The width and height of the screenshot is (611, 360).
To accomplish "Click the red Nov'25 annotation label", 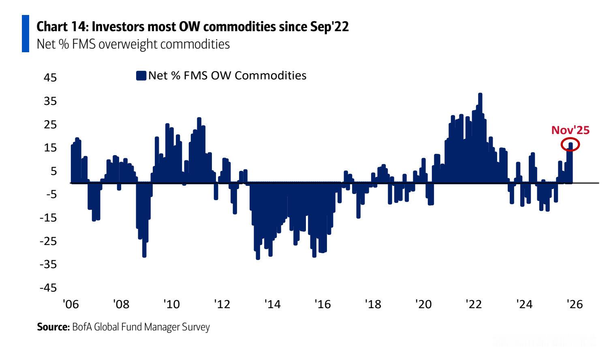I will (x=570, y=130).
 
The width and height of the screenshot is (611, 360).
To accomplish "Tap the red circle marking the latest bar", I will (x=570, y=144).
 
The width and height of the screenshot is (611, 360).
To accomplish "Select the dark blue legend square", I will (x=141, y=76).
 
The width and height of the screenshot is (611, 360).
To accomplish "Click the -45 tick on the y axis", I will (x=48, y=288).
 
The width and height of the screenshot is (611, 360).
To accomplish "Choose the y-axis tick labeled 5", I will (x=54, y=171).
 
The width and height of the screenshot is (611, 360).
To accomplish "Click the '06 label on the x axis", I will (x=70, y=304).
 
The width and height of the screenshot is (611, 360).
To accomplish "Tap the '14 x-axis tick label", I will (x=272, y=304).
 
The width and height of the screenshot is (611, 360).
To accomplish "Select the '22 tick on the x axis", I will (x=474, y=304).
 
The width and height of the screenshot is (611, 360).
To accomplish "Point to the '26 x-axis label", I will (x=575, y=304).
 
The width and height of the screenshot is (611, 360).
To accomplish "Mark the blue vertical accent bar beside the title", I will (x=26, y=34).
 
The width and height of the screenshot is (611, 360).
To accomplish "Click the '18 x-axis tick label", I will (x=373, y=304).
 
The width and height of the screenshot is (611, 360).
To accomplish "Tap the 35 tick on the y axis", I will (x=50, y=101).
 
